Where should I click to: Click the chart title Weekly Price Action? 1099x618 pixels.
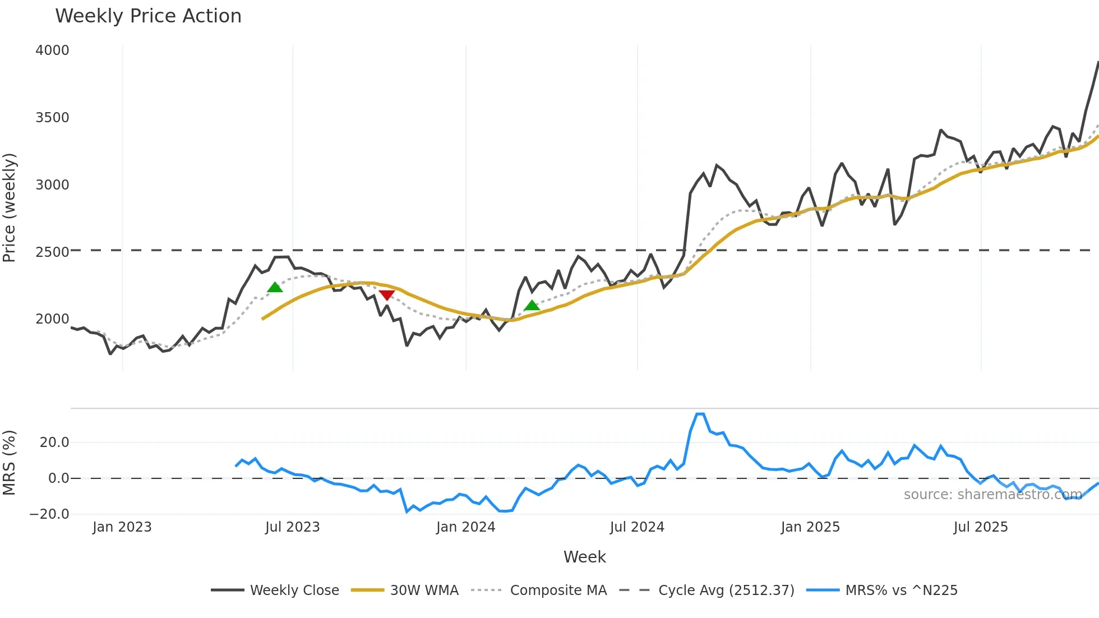[148, 16]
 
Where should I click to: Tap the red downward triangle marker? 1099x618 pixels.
[387, 295]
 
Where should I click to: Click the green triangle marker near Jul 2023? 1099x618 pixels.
[275, 288]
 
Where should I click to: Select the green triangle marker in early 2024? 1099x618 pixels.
[532, 306]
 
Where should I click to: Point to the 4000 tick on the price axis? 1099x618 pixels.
[52, 50]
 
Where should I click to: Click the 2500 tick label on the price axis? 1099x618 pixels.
[52, 252]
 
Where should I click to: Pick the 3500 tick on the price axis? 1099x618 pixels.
[52, 118]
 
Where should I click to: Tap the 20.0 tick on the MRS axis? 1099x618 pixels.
[54, 442]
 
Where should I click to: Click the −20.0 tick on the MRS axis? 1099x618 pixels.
[49, 514]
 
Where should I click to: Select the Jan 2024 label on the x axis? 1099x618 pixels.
[465, 527]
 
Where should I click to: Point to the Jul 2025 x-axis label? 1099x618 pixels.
[981, 527]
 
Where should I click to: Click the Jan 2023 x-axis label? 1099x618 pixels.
[122, 527]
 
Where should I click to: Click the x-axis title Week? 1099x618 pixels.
[584, 557]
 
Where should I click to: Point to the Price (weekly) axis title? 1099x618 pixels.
[10, 207]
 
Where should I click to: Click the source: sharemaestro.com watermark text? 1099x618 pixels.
[992, 495]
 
